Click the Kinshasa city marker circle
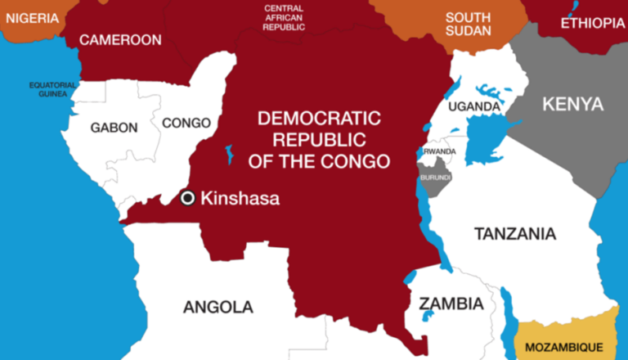187,198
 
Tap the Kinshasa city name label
240,198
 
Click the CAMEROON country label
120,39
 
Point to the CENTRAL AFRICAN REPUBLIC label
284,17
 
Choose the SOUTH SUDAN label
469,24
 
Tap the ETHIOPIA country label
593,23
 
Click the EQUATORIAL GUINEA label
52,89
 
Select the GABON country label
114,127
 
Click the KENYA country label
573,104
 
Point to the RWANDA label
440,151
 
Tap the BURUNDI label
435,176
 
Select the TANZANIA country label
514,234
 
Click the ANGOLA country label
218,307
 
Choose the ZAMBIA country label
451,304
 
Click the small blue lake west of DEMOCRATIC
228,153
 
